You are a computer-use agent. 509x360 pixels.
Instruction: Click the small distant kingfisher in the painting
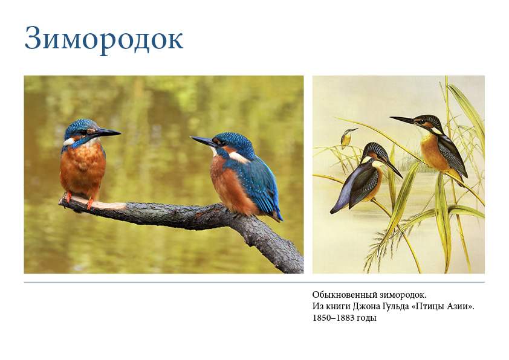[348, 138]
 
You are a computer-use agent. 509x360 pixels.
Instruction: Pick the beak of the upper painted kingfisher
[403, 120]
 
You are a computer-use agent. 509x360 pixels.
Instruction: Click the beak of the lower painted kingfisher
[393, 168]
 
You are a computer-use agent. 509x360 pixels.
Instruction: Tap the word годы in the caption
[366, 318]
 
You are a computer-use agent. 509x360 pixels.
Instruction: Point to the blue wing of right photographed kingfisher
[258, 185]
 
